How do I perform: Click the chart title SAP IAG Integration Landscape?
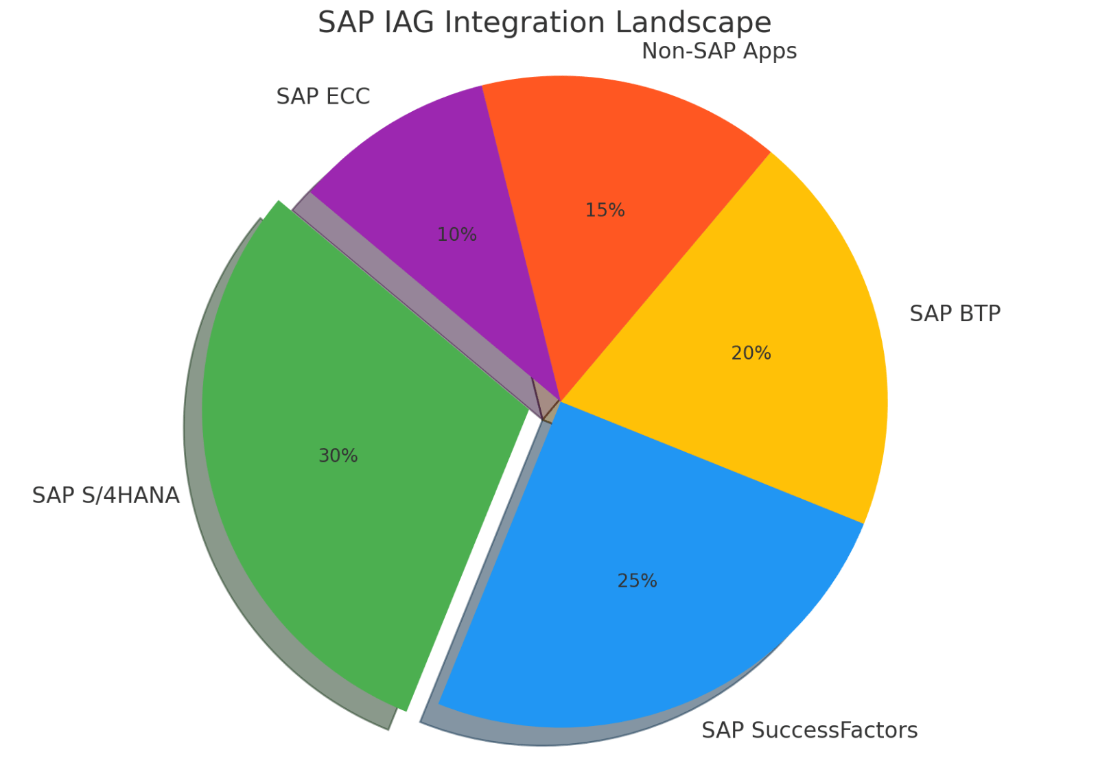[x=544, y=23]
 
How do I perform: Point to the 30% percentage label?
[x=338, y=456]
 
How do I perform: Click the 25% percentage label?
[x=637, y=581]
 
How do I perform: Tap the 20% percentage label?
[x=751, y=353]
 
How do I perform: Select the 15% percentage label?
[x=605, y=211]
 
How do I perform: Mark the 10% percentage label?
[x=456, y=235]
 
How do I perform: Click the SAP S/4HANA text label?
[x=106, y=495]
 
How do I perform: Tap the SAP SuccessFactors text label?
[x=809, y=730]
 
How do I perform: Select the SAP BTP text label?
[x=955, y=314]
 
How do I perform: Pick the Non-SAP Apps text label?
[x=719, y=51]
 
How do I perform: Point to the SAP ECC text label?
[x=323, y=97]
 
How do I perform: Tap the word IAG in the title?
[x=406, y=23]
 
